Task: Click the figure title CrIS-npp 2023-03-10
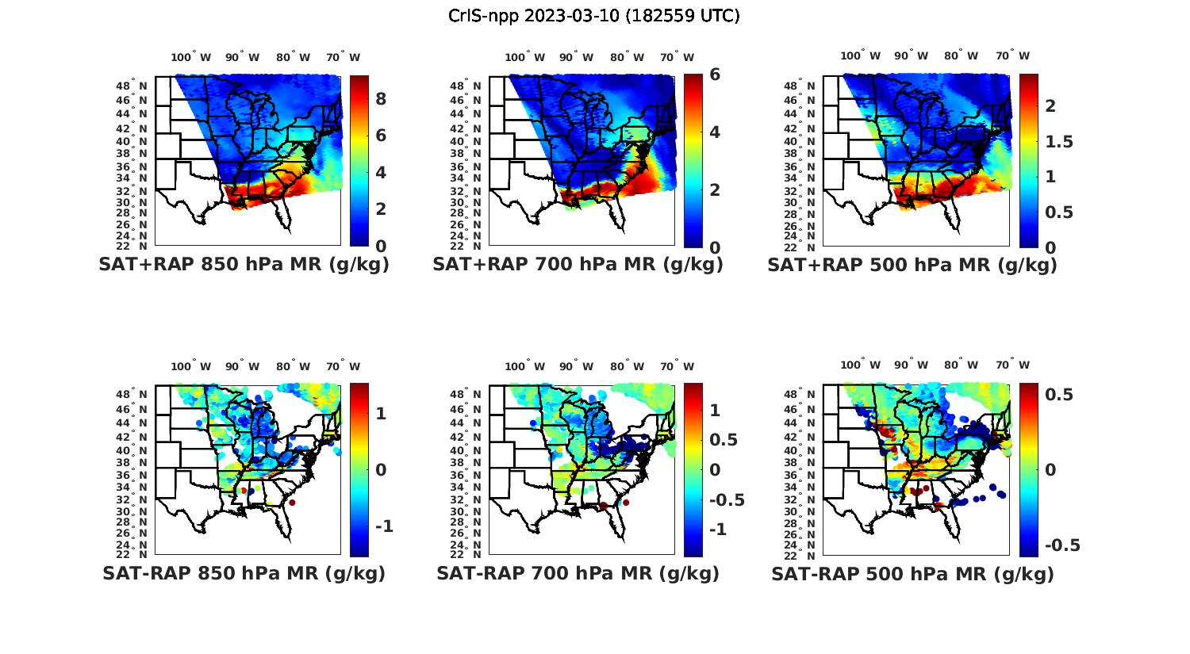pos(594,16)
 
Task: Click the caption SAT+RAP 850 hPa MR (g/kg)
pos(244,265)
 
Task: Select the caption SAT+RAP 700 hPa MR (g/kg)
pos(578,265)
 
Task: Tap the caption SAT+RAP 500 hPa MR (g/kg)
pos(912,265)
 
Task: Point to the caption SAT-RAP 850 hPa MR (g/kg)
pos(244,573)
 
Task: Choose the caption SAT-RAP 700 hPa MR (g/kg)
pos(578,573)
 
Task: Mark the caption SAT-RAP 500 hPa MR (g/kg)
pos(912,573)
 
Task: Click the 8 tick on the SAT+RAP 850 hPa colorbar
pos(381,98)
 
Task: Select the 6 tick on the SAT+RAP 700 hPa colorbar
pos(715,74)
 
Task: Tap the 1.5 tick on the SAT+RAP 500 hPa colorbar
pos(1059,141)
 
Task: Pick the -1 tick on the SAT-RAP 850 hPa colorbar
pos(385,526)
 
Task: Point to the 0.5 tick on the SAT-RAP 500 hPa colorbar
pos(1060,394)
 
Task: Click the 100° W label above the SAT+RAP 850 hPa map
pos(190,57)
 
